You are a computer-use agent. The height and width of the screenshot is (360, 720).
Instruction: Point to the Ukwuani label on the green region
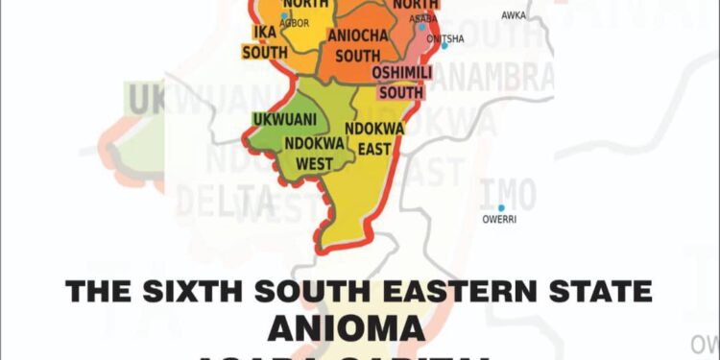point(284,120)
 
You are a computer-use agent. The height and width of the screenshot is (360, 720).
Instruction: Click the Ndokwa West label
point(308,154)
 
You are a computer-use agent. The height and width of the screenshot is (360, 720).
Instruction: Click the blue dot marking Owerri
point(500,207)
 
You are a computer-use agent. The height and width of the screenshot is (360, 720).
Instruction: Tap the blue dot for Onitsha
point(444,46)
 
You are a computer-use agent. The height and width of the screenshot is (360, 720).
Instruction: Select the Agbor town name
point(295,23)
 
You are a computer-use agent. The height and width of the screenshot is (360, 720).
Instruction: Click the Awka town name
point(514,15)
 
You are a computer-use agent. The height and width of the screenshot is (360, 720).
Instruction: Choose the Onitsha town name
point(445,38)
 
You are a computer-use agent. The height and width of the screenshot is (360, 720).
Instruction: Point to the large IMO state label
point(508,192)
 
